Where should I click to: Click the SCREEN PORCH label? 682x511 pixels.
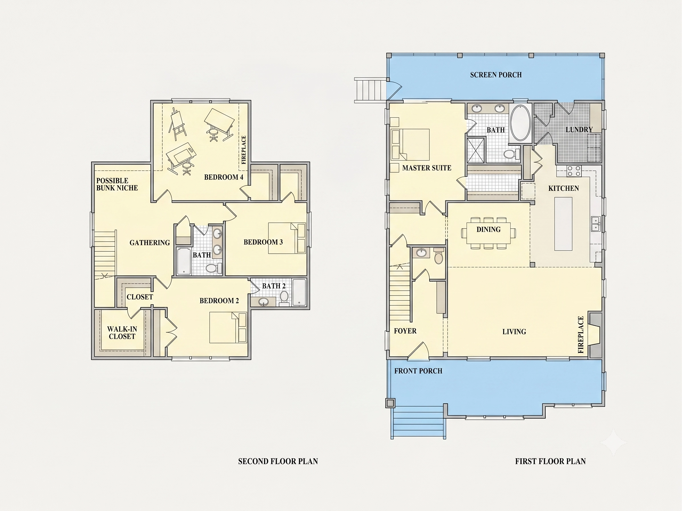pos(496,75)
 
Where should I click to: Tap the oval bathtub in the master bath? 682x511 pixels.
pos(520,123)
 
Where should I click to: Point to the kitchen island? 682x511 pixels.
pos(563,224)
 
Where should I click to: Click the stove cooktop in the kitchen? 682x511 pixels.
pos(574,171)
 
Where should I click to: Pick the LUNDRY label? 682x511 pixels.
pos(579,130)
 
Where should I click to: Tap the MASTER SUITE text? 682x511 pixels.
pos(427,168)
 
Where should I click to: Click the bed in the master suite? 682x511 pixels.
pos(410,145)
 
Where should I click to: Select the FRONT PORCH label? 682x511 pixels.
pos(418,371)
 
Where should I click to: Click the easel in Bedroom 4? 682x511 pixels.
pos(177,124)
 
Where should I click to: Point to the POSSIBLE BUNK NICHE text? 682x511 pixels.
pos(117,184)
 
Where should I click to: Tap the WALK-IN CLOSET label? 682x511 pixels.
pos(122,333)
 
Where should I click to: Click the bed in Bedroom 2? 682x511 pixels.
pos(228,327)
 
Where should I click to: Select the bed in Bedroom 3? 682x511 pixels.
pos(287,238)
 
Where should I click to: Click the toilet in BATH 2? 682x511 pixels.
pos(284,298)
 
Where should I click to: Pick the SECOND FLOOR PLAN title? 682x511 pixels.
pos(278,461)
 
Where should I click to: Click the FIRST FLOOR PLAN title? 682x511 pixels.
pos(550,461)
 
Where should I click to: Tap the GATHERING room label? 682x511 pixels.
pos(150,243)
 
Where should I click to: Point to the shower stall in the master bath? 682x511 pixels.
pos(476,150)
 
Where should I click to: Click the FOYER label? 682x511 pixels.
pos(405,331)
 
